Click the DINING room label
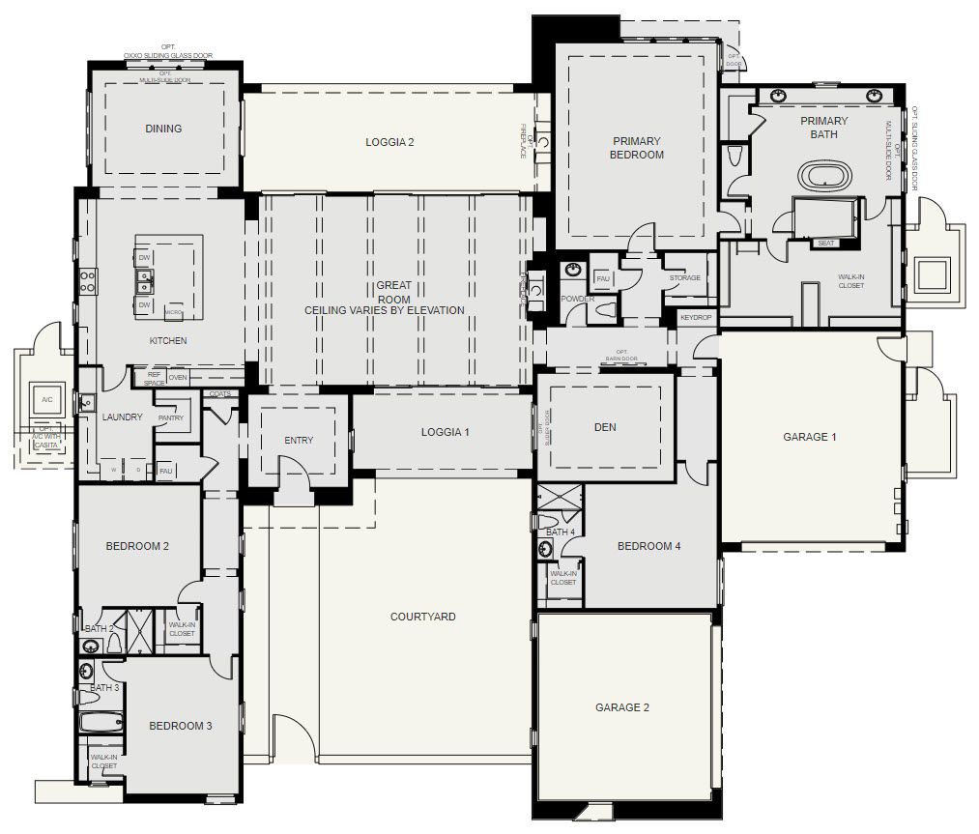163,129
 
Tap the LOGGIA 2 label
389,142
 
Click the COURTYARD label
422,617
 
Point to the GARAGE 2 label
621,707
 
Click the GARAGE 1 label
810,437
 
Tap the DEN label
604,427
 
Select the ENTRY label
299,441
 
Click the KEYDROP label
696,317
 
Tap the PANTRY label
170,418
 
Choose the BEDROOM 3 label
180,726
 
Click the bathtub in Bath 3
101,721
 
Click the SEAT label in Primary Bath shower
825,244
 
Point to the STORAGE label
684,278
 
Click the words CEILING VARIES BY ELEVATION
385,310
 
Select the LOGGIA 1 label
445,432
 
